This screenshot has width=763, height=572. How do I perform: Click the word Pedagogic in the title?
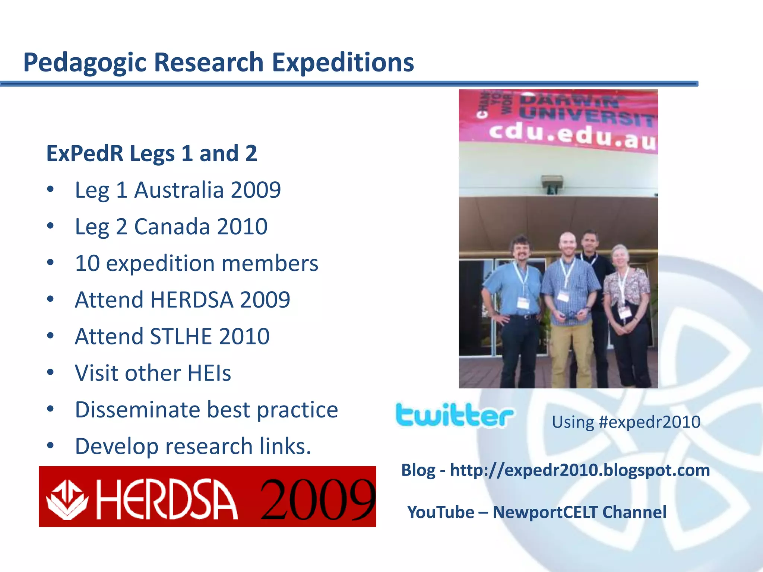click(x=86, y=63)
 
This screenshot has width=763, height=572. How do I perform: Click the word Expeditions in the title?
click(x=343, y=63)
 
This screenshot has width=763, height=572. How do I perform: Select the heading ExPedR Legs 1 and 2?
click(x=151, y=153)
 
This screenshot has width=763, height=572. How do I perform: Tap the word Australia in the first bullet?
click(x=178, y=190)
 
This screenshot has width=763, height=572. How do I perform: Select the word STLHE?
click(x=181, y=336)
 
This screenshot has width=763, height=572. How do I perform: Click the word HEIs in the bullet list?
click(x=209, y=373)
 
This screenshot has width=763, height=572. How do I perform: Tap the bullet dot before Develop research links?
click(x=51, y=445)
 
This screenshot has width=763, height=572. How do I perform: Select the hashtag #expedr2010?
click(x=649, y=422)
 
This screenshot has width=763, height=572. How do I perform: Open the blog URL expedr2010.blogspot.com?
click(x=579, y=470)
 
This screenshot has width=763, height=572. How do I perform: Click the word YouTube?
click(x=440, y=512)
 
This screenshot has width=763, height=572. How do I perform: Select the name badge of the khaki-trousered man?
click(x=563, y=296)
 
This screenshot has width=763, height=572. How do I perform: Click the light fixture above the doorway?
click(x=552, y=184)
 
